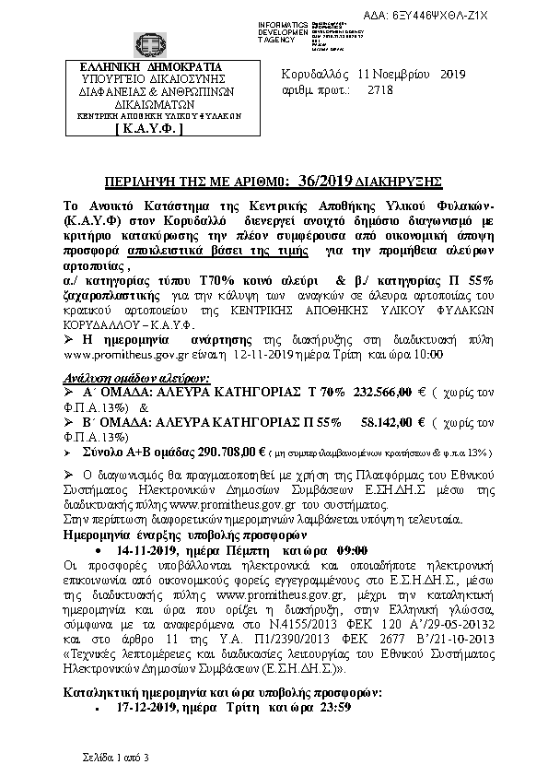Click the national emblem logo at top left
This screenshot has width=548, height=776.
pos(149,43)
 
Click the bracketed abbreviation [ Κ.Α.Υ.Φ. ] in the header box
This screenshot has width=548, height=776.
pos(149,130)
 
